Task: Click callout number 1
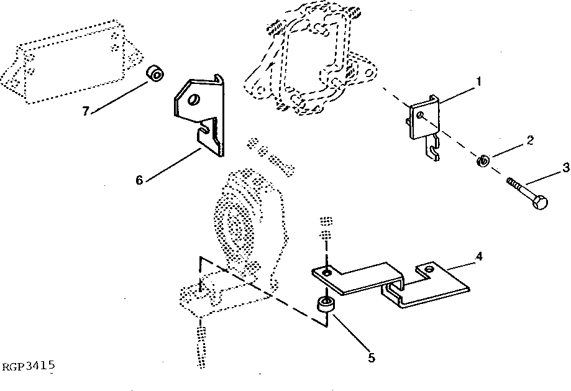click(478, 81)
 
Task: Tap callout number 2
click(529, 140)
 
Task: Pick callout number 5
click(372, 357)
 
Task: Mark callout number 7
click(86, 111)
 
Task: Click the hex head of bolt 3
click(540, 202)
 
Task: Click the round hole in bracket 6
click(194, 100)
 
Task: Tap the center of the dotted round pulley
click(236, 223)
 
